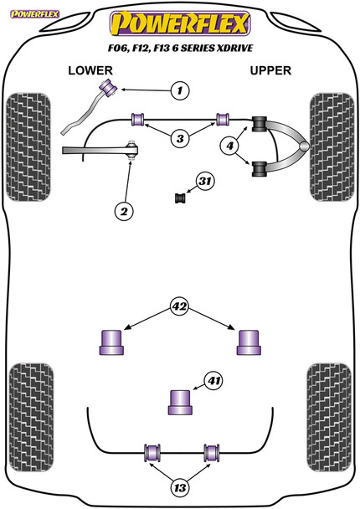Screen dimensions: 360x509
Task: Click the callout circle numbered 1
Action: [x=180, y=90]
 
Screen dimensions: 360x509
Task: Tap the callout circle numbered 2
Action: [x=124, y=212]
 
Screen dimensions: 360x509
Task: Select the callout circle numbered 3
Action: [x=180, y=139]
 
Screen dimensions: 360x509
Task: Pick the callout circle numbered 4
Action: [x=230, y=146]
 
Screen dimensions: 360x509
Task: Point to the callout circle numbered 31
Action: [x=205, y=181]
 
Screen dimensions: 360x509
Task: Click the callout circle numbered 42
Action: [x=180, y=306]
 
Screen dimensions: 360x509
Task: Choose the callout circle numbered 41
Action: [x=213, y=380]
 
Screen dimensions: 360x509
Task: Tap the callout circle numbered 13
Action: [x=180, y=487]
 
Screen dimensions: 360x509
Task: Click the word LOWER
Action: [x=90, y=70]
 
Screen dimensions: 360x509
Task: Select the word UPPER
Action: [x=270, y=70]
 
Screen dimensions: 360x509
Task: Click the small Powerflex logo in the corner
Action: [x=34, y=14]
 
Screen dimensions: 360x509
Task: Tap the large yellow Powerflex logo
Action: [x=180, y=23]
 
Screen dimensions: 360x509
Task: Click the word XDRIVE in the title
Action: [x=234, y=48]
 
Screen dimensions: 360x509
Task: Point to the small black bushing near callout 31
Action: [x=180, y=198]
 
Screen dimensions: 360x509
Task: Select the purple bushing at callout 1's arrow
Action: [x=109, y=87]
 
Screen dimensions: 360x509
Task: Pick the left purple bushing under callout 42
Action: [x=111, y=342]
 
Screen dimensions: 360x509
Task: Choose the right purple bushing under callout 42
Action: [x=249, y=342]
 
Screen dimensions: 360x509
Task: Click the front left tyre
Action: [x=28, y=147]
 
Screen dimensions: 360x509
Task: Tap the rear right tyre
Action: [x=329, y=418]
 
